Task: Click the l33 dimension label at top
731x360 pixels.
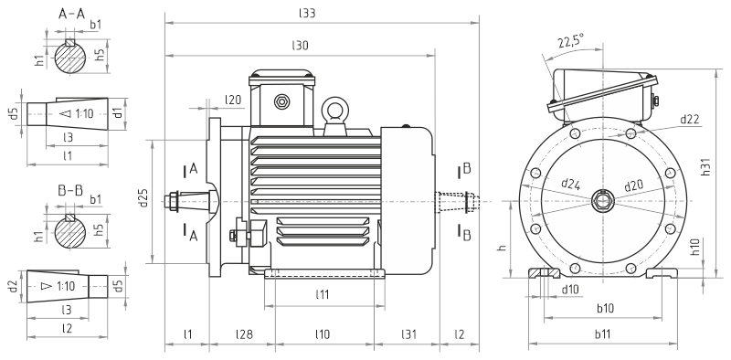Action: click(307, 13)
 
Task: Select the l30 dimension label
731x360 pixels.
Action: click(301, 46)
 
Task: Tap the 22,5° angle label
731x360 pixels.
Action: click(570, 42)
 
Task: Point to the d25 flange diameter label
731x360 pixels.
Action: click(143, 197)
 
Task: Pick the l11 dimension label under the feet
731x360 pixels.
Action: click(323, 294)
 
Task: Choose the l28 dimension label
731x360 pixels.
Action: click(244, 334)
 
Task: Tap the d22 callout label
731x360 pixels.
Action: click(690, 120)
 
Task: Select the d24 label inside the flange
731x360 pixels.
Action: click(570, 184)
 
